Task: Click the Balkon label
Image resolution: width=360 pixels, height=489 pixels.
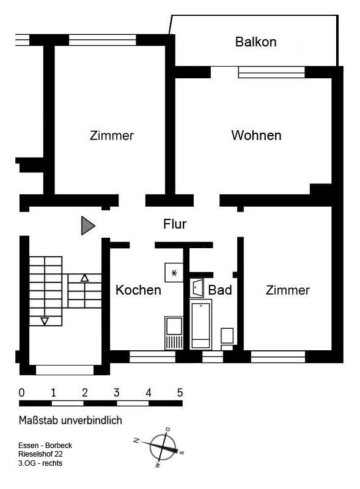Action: coord(256,42)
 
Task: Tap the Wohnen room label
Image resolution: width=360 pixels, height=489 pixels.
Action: coord(257,135)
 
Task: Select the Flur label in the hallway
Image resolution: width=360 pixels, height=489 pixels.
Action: coord(175,224)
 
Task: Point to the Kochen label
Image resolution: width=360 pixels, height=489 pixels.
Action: coord(138,290)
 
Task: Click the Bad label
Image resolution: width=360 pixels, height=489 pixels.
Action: coord(220,290)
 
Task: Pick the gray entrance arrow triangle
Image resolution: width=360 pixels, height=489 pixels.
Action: coord(87,225)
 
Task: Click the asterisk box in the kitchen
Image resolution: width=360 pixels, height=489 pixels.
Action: coord(174,273)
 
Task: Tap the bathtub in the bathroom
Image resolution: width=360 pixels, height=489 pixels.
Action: coord(200,325)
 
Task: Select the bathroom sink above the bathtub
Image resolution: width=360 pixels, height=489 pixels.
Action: coord(197,287)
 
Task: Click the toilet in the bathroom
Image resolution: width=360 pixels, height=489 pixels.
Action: coord(227,339)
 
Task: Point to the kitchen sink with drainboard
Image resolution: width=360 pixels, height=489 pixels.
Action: coord(174,333)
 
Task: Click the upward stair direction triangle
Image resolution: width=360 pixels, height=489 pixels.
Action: coord(84,278)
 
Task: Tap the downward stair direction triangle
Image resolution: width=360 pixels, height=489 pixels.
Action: coord(45,321)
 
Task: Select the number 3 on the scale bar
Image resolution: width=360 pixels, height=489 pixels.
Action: coord(116,392)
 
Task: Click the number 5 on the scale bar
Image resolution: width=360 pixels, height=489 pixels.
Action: coord(180,392)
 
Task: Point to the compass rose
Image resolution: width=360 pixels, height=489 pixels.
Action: coord(161,447)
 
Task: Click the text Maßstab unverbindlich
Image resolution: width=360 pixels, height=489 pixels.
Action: coord(70,421)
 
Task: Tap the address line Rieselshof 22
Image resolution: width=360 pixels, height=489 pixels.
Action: coord(40,454)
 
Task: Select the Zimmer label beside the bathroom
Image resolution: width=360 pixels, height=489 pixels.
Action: coord(288,290)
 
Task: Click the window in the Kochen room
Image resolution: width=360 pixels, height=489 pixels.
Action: coord(153,357)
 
